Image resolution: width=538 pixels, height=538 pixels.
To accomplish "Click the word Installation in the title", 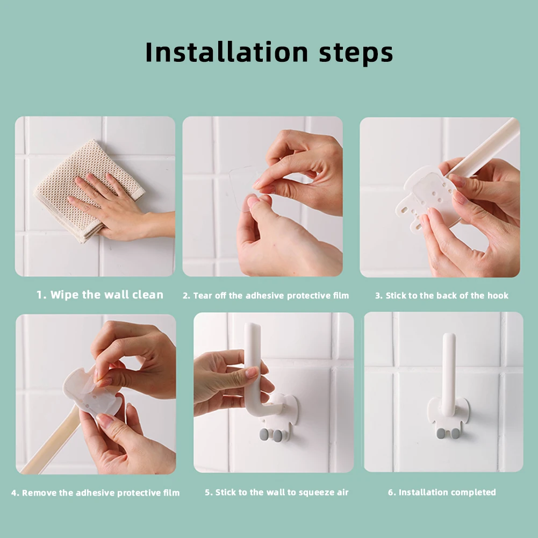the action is pyautogui.click(x=226, y=52).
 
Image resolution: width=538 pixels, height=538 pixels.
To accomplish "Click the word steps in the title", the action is pyautogui.click(x=356, y=54).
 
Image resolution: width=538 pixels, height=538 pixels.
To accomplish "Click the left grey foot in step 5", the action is pyautogui.click(x=264, y=434).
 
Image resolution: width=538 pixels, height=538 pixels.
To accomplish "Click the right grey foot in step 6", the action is pyautogui.click(x=456, y=433).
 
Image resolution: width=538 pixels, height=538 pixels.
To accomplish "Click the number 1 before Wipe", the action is pyautogui.click(x=40, y=295).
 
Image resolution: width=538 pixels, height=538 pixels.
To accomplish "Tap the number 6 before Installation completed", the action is pyautogui.click(x=390, y=493).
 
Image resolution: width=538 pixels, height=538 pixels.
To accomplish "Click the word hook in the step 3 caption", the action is pyautogui.click(x=498, y=296).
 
